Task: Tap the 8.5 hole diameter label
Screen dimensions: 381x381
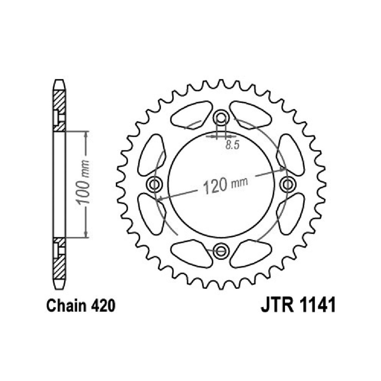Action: pyautogui.click(x=232, y=145)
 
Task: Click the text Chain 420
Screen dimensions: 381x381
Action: pyautogui.click(x=80, y=306)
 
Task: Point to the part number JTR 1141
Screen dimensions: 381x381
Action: pyautogui.click(x=298, y=305)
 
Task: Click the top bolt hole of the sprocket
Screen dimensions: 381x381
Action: pyautogui.click(x=221, y=118)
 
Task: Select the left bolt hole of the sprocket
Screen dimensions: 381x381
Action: pyautogui.click(x=154, y=184)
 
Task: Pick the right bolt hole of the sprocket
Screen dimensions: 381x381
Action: pyautogui.click(x=288, y=184)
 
